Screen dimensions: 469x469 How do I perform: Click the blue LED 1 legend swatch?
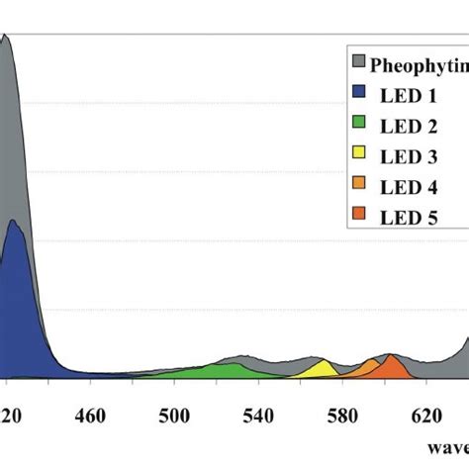pyautogui.click(x=359, y=94)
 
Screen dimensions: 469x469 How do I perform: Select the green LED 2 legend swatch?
pyautogui.click(x=359, y=124)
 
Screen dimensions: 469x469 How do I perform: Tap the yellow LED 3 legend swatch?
pyautogui.click(x=359, y=153)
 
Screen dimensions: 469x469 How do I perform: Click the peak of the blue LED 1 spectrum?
pyautogui.click(x=15, y=221)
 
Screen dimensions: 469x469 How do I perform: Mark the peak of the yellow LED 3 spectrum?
pyautogui.click(x=322, y=361)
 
